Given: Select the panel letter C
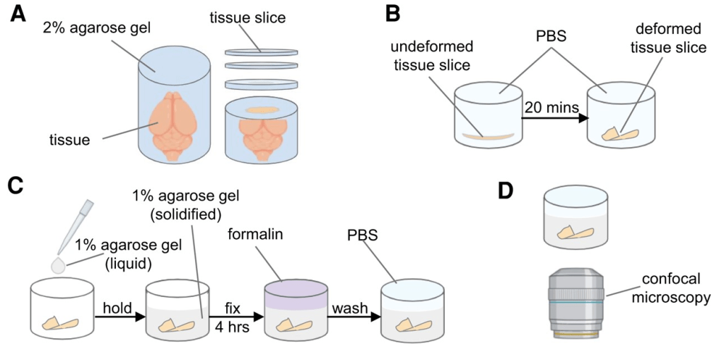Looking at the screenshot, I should [x=19, y=185].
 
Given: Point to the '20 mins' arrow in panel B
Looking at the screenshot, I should [x=555, y=118].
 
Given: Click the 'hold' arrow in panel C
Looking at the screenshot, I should [x=118, y=316].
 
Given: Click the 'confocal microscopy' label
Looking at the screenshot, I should [x=672, y=289].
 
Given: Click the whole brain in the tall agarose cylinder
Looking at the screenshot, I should [x=173, y=120].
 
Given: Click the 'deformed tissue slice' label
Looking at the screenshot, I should [x=668, y=39].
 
